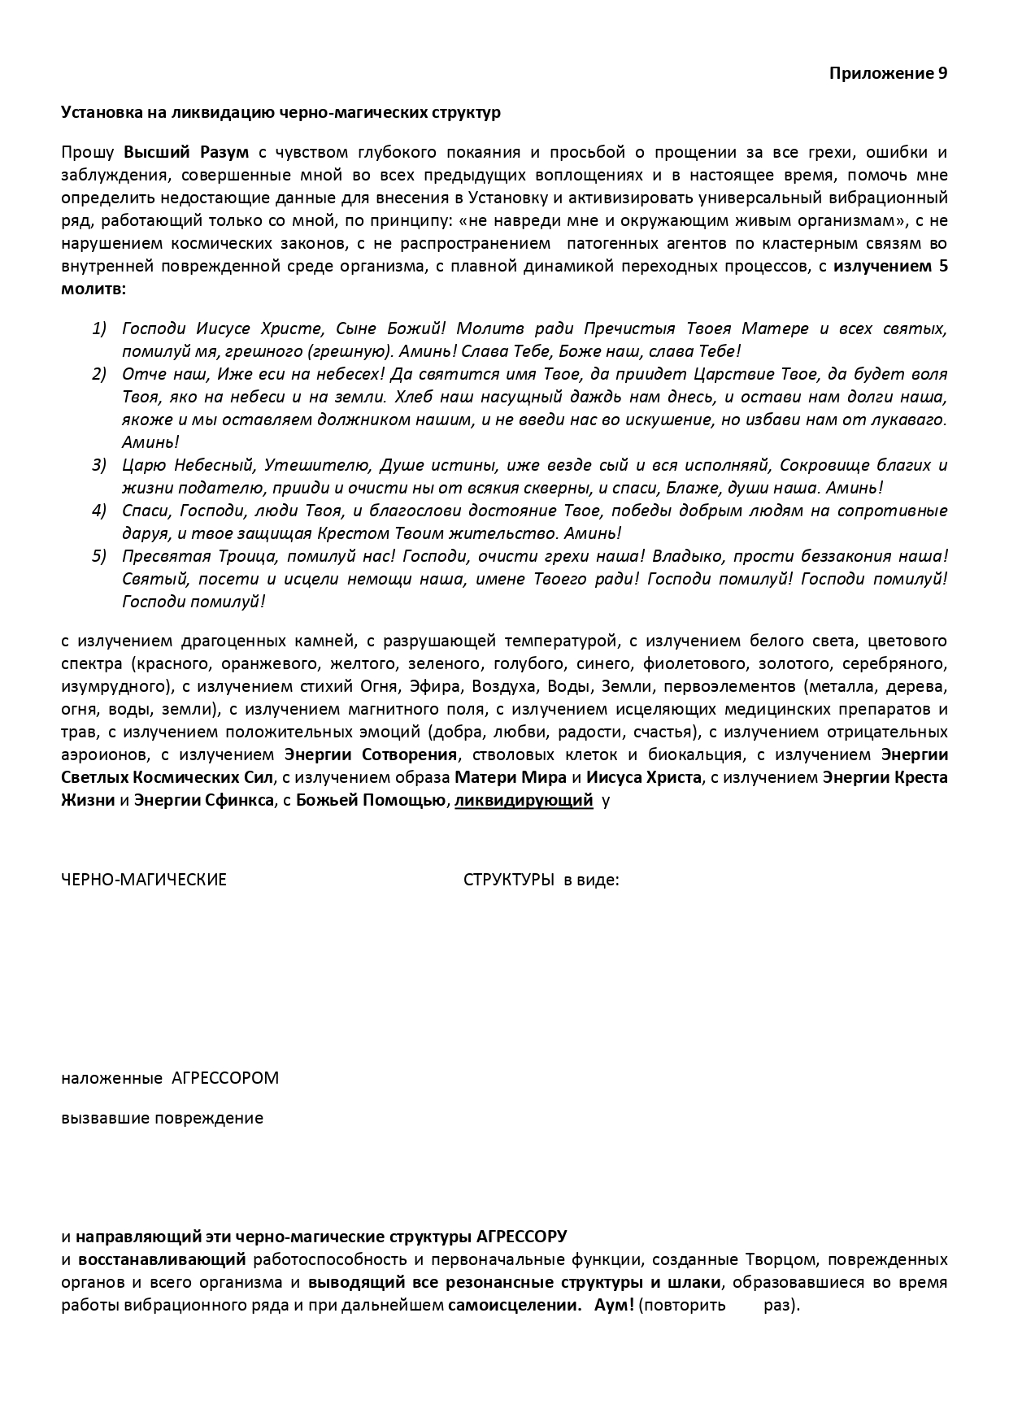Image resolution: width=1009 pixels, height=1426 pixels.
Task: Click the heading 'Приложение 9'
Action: tap(888, 73)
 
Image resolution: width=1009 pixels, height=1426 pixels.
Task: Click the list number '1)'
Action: tap(98, 328)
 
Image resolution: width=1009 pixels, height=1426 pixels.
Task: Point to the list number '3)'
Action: tap(98, 465)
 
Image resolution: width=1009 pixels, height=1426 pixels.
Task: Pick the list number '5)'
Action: tap(98, 556)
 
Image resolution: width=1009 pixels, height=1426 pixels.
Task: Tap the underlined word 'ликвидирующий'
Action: tap(523, 800)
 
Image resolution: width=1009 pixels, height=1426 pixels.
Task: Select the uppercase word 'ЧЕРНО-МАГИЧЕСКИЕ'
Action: tap(144, 879)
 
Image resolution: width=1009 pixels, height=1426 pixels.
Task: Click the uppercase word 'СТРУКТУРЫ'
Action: tap(509, 879)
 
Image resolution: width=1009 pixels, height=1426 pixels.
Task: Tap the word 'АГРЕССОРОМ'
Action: tap(225, 1078)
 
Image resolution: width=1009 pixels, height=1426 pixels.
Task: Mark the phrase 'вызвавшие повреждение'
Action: tap(163, 1118)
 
